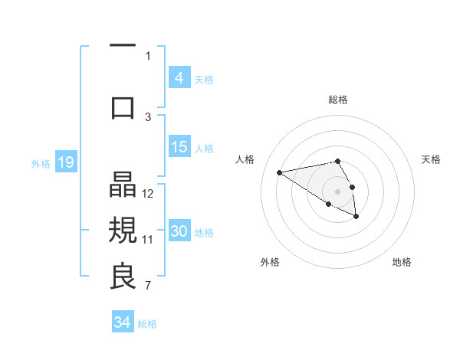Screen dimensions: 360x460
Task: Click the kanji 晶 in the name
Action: pyautogui.click(x=123, y=186)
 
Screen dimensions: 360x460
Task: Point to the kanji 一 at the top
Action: pyautogui.click(x=123, y=46)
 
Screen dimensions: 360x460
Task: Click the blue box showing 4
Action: pyautogui.click(x=179, y=78)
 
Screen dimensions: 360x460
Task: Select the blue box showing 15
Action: pyautogui.click(x=179, y=147)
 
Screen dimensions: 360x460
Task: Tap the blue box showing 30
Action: pyautogui.click(x=179, y=231)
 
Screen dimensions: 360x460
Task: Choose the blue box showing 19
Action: pyautogui.click(x=65, y=162)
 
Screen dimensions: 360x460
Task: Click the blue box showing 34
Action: pyautogui.click(x=122, y=322)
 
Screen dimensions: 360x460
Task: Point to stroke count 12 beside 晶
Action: pyautogui.click(x=149, y=194)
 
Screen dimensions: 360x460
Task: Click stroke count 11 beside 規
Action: pyautogui.click(x=149, y=239)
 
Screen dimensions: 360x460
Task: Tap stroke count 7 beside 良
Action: pyautogui.click(x=149, y=286)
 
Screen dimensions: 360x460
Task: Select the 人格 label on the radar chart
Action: pyautogui.click(x=245, y=159)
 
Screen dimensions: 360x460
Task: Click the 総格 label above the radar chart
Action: pyautogui.click(x=337, y=100)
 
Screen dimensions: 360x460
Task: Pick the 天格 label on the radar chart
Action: pyautogui.click(x=431, y=159)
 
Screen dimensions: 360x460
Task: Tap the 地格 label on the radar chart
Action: pyautogui.click(x=402, y=263)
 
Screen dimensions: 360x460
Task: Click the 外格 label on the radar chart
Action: pyautogui.click(x=270, y=263)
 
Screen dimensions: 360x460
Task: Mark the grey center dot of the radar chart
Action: pyautogui.click(x=337, y=191)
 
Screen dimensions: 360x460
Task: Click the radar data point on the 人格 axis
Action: pyautogui.click(x=280, y=172)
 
